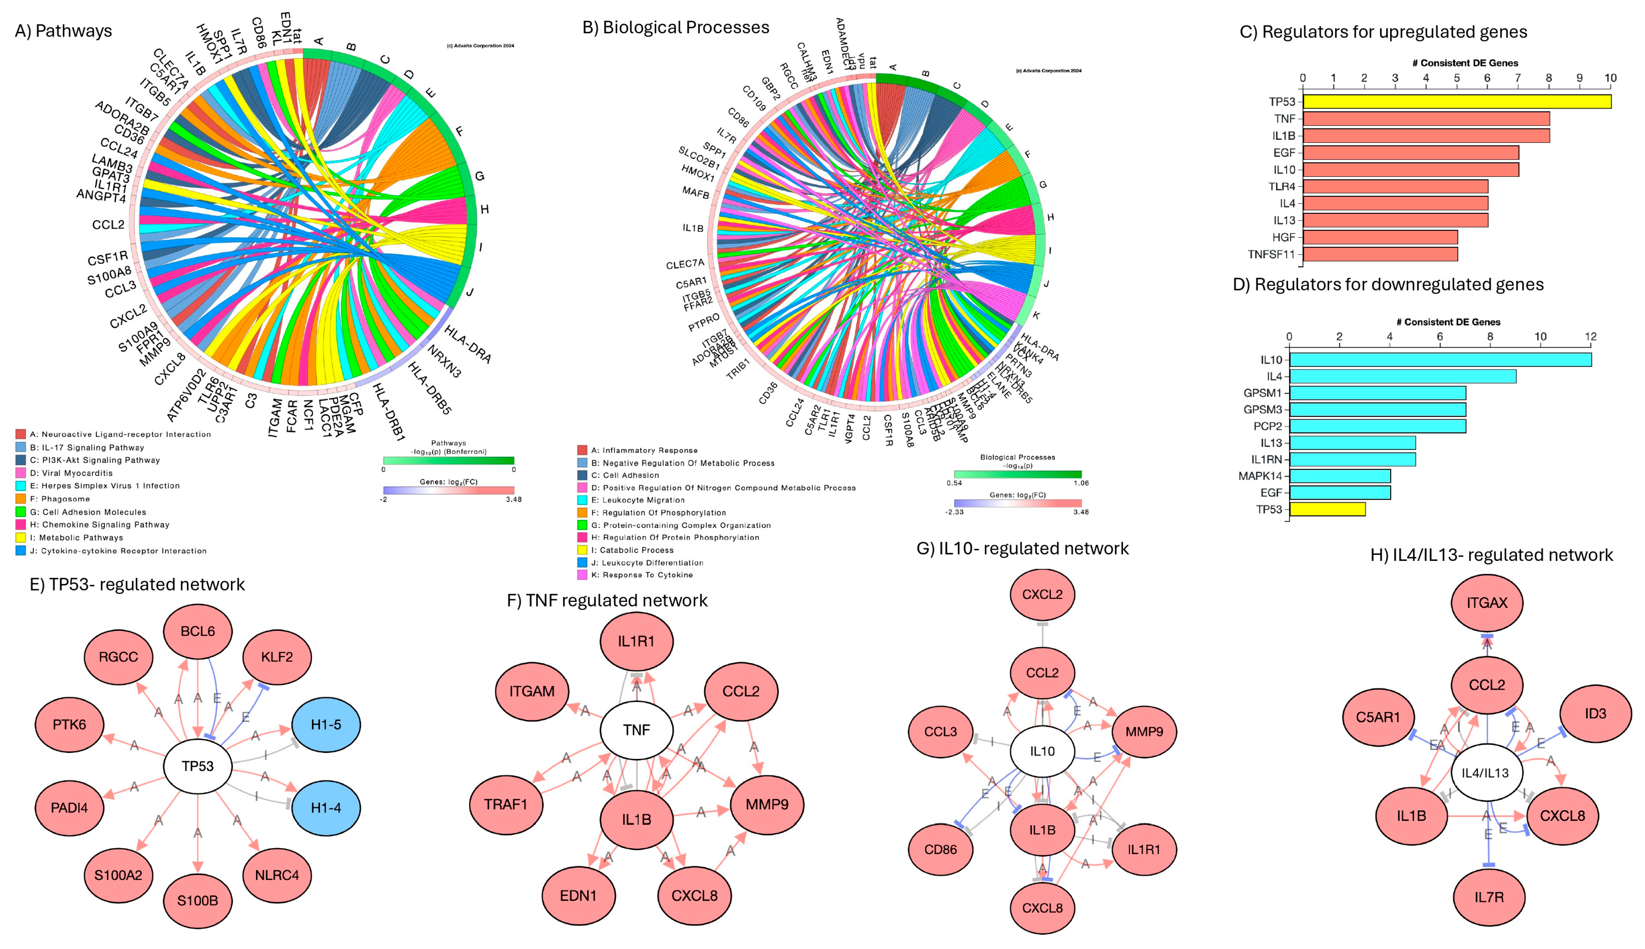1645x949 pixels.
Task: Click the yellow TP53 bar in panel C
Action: click(1456, 102)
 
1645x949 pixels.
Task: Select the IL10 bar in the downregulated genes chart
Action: click(1440, 360)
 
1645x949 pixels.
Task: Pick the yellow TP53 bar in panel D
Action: click(1327, 509)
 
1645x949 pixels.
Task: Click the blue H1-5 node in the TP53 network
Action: click(326, 724)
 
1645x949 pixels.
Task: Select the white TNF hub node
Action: click(636, 730)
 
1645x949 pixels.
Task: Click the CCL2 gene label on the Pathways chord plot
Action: click(108, 225)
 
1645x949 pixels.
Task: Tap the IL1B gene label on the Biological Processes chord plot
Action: click(692, 228)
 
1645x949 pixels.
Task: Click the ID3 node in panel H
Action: click(1595, 714)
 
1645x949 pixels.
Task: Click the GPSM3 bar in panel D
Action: click(1377, 409)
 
